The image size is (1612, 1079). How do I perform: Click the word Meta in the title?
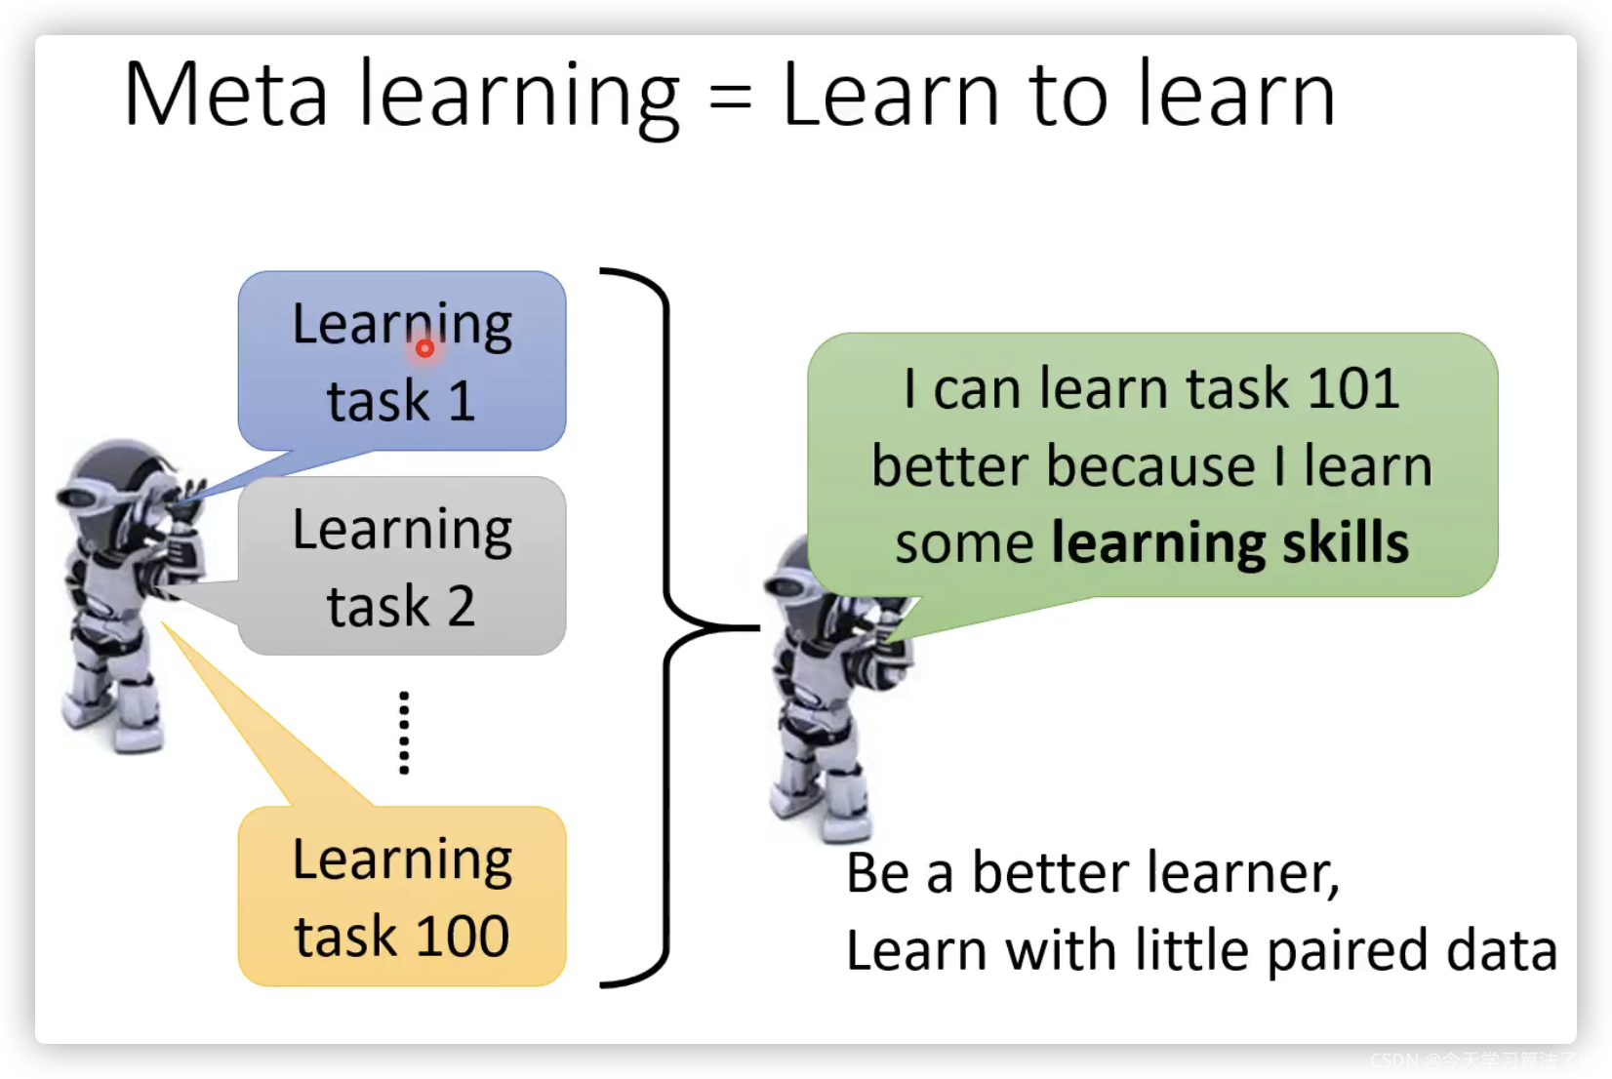point(226,95)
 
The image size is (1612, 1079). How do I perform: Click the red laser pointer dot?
point(424,349)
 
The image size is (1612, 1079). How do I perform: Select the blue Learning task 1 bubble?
point(402,361)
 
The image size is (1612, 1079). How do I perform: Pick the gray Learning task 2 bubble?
point(402,566)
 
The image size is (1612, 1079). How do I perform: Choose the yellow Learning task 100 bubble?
point(402,897)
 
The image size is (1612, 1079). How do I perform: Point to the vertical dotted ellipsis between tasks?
point(404,733)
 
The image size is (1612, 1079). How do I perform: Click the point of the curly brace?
point(758,628)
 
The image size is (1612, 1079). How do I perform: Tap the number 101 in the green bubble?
point(1352,388)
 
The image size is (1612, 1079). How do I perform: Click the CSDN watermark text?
point(1482,1059)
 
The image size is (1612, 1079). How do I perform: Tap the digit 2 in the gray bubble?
point(462,606)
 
